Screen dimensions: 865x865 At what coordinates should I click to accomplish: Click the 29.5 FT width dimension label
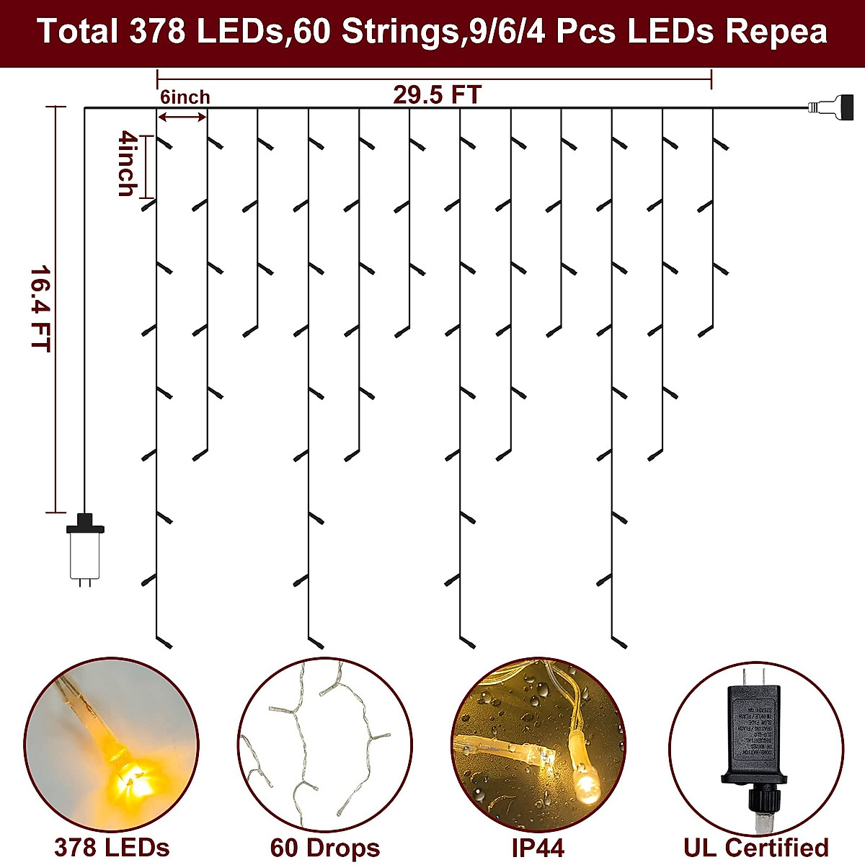[x=437, y=95]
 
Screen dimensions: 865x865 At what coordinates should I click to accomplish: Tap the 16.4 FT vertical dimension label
[x=40, y=309]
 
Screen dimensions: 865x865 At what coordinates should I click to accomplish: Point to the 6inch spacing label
[x=185, y=97]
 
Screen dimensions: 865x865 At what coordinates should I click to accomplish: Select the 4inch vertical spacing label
[x=128, y=164]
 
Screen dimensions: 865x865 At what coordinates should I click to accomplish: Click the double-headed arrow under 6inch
[x=183, y=116]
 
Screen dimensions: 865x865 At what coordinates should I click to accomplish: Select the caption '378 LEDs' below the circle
[x=112, y=848]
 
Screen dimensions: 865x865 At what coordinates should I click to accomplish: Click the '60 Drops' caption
[x=324, y=848]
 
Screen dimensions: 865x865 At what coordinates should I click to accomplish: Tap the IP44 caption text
[x=538, y=848]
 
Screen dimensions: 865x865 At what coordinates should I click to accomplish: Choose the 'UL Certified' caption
[x=755, y=848]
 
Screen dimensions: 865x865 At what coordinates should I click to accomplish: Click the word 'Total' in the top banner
[x=77, y=32]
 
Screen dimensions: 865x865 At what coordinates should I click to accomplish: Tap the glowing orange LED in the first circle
[x=133, y=778]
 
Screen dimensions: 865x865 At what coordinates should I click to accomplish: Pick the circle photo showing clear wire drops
[x=324, y=742]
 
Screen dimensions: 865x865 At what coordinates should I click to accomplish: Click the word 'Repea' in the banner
[x=776, y=32]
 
